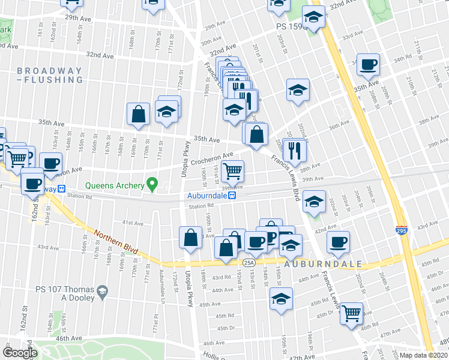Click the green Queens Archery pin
(x=152, y=184)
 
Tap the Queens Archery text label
(x=115, y=186)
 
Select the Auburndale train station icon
(x=238, y=196)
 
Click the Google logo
(x=20, y=353)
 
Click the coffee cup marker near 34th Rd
(x=369, y=64)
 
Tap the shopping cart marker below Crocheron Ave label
(x=232, y=171)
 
